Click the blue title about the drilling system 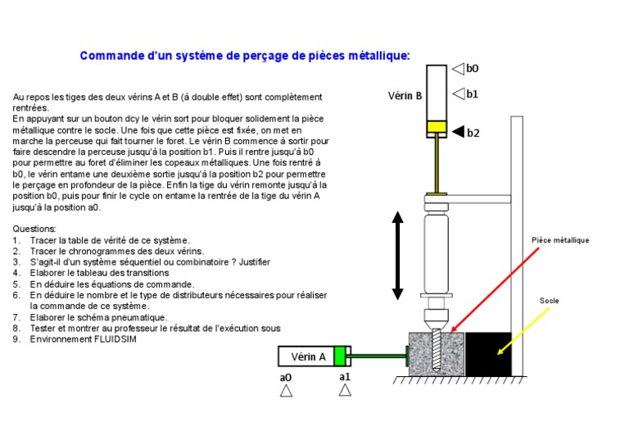[x=245, y=56]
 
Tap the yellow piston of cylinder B [x=435, y=128]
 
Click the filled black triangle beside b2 [x=457, y=131]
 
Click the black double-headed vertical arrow [x=398, y=255]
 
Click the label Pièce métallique [x=560, y=240]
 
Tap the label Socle [x=549, y=301]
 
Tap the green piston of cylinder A [x=340, y=356]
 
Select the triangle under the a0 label [x=286, y=391]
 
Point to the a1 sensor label [x=345, y=376]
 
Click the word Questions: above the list [x=34, y=229]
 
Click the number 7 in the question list [x=16, y=317]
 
